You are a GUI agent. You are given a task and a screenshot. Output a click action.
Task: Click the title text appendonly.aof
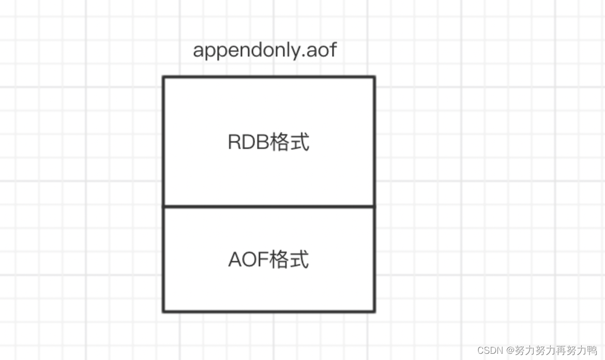pyautogui.click(x=265, y=51)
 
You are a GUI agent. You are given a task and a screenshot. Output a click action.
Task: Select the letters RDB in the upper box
pyautogui.click(x=248, y=143)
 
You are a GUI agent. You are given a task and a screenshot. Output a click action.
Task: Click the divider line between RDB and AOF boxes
pyautogui.click(x=269, y=206)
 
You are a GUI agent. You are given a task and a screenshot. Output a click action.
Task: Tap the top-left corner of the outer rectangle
pyautogui.click(x=163, y=78)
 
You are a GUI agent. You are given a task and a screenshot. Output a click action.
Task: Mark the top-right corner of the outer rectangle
pyautogui.click(x=374, y=78)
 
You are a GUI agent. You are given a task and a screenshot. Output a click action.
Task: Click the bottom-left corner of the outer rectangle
pyautogui.click(x=163, y=311)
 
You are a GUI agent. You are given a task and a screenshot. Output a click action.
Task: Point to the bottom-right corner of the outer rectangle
pyautogui.click(x=374, y=311)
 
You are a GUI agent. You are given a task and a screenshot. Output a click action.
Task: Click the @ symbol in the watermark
pyautogui.click(x=509, y=351)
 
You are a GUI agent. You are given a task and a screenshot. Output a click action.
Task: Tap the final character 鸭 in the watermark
pyautogui.click(x=593, y=351)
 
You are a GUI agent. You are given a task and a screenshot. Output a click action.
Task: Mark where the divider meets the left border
pyautogui.click(x=163, y=206)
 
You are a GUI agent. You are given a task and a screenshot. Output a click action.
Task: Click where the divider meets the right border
pyautogui.click(x=374, y=206)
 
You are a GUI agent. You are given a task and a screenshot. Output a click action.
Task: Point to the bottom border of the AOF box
pyautogui.click(x=269, y=311)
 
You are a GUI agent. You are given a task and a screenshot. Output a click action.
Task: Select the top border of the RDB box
pyautogui.click(x=269, y=78)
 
